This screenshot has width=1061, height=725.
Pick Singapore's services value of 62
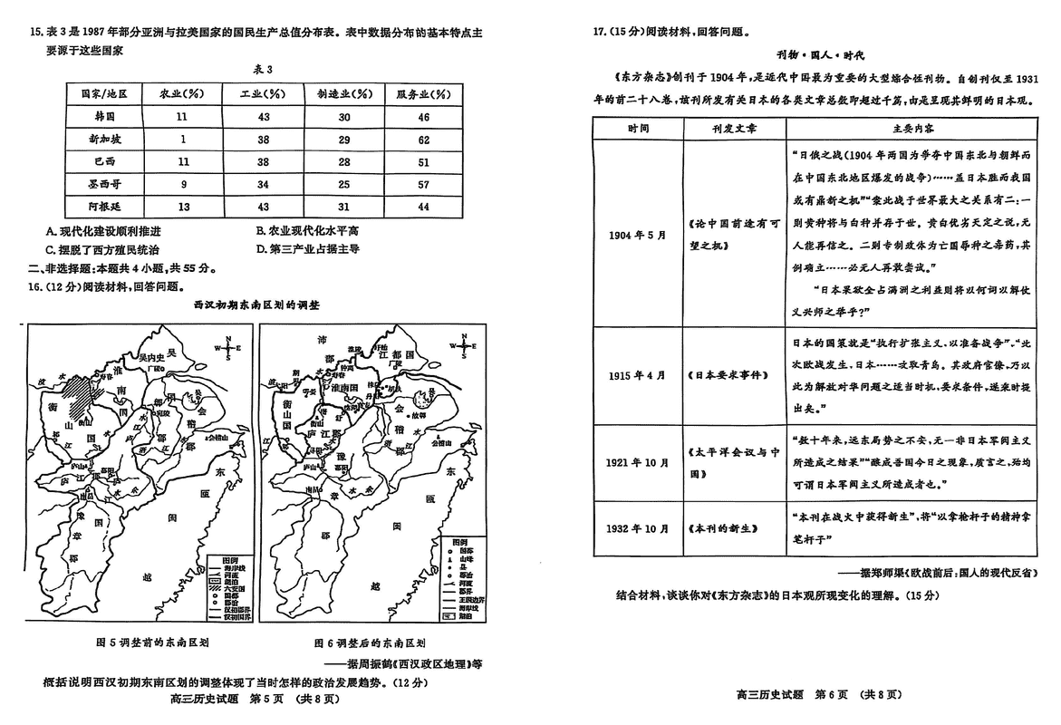[x=423, y=140]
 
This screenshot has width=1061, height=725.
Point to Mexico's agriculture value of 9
[x=181, y=184]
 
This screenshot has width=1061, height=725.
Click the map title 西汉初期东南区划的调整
[x=256, y=306]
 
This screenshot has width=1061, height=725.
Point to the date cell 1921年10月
[x=638, y=462]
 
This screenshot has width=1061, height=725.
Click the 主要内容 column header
[x=906, y=128]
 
